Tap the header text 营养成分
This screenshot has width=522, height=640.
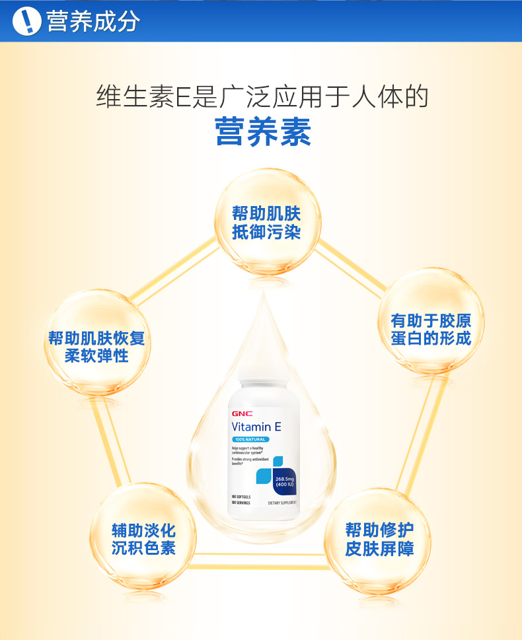tap(93, 21)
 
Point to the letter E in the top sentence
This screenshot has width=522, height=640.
tap(181, 96)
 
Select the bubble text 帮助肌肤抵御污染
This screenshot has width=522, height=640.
tap(266, 223)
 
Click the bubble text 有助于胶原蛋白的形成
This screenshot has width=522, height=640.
tap(430, 330)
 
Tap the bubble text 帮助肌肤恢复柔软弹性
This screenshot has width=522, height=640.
tap(96, 347)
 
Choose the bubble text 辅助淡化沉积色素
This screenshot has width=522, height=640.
tap(143, 539)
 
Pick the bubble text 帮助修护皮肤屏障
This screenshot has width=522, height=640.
tap(379, 539)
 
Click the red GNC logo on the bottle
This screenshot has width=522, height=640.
tap(241, 414)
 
